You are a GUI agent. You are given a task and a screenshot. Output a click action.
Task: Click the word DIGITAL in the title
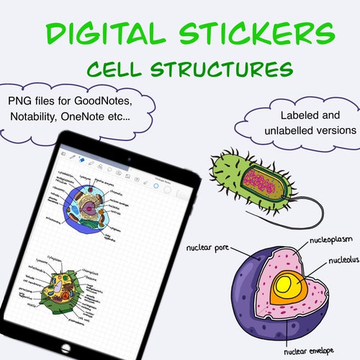coord(104,34)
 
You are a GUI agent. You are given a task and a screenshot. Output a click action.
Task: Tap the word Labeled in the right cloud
coord(287,115)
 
